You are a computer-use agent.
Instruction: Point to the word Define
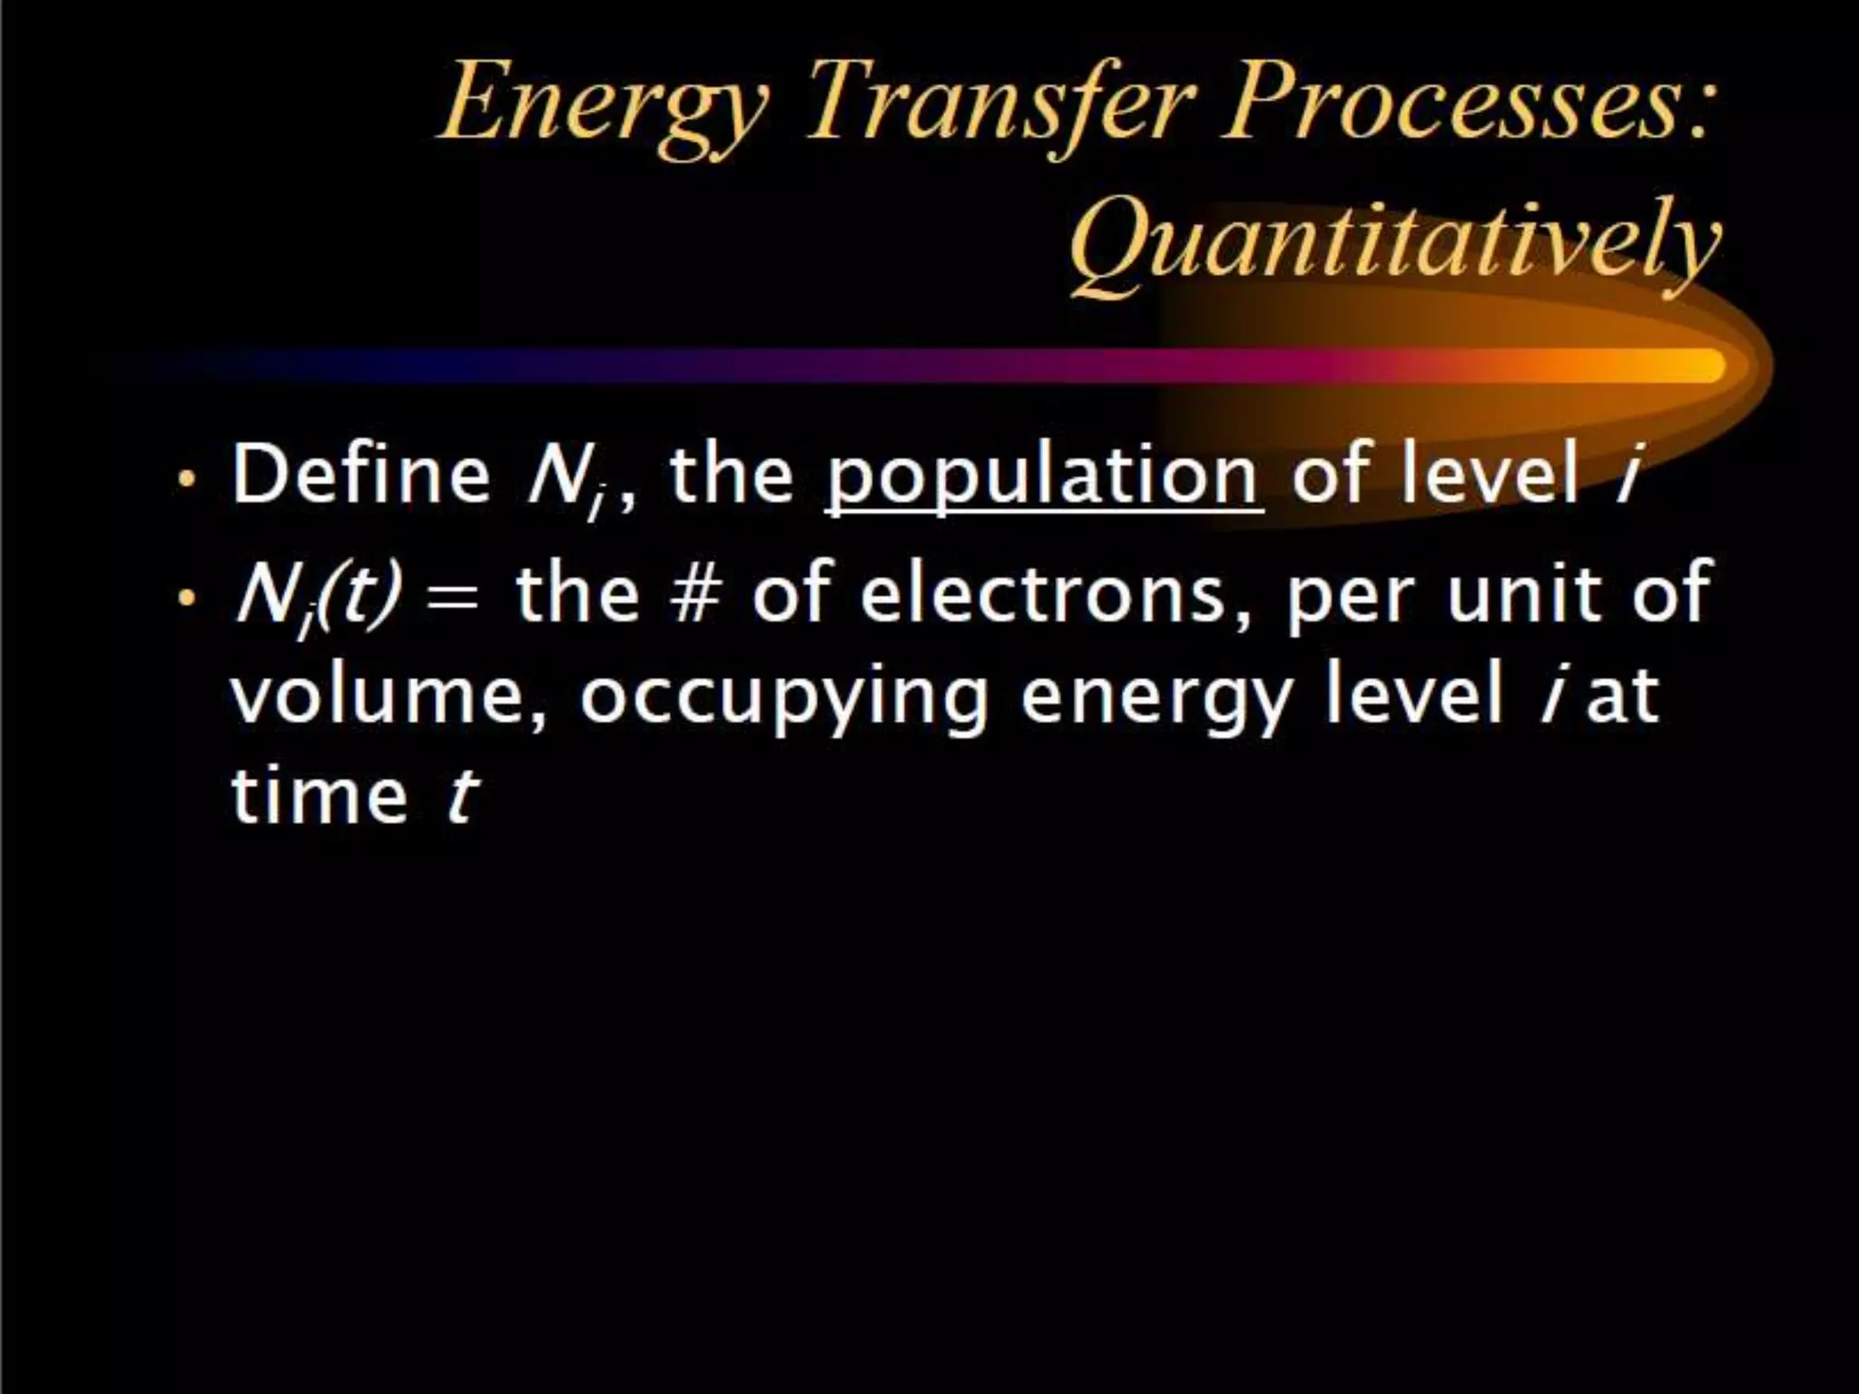click(x=361, y=474)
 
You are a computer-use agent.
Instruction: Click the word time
click(x=320, y=794)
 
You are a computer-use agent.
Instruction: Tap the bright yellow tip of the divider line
click(x=1697, y=366)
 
